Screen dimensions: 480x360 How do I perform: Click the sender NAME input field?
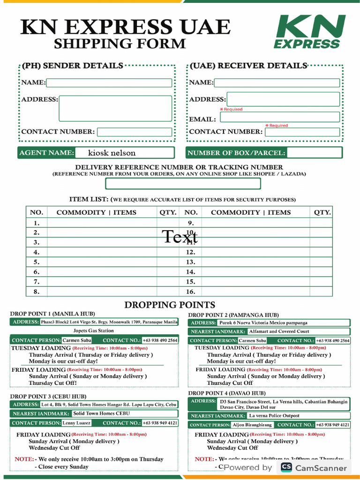[x=109, y=83]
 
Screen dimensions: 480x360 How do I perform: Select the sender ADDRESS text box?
[x=115, y=108]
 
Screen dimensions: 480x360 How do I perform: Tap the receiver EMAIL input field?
[x=280, y=117]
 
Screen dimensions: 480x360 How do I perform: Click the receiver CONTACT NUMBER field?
[x=302, y=132]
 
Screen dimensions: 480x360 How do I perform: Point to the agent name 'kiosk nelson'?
[x=112, y=153]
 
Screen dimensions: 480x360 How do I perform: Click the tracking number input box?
[x=183, y=184]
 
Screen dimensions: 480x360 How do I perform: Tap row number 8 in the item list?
[x=37, y=292]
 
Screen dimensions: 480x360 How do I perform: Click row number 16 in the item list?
[x=190, y=292]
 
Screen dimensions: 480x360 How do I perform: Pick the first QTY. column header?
[x=168, y=212]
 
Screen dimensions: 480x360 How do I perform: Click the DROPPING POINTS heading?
[x=170, y=305]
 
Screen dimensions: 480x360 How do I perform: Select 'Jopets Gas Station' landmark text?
[x=94, y=331]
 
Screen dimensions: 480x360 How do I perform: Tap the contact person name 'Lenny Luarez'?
[x=76, y=423]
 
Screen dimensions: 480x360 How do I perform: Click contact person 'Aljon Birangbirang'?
[x=252, y=425]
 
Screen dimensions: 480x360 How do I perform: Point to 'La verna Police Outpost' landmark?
[x=274, y=416]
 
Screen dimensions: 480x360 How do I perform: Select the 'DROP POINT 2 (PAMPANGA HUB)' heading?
[x=233, y=315]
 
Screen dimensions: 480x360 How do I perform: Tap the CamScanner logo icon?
[x=286, y=467]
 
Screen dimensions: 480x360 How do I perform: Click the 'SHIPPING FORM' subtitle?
[x=120, y=44]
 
